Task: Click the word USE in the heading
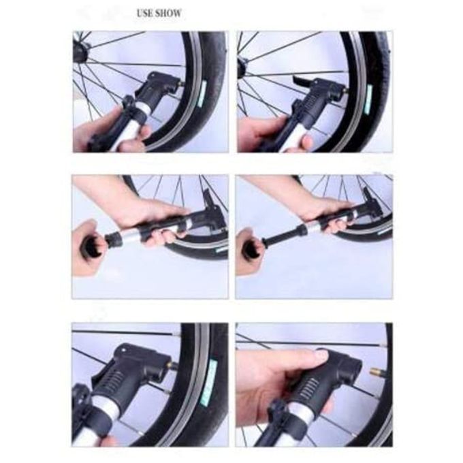pyautogui.click(x=144, y=14)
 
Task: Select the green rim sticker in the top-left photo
pyautogui.click(x=203, y=95)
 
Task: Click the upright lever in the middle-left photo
pyautogui.click(x=208, y=198)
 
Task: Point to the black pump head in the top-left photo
pyautogui.click(x=156, y=88)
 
